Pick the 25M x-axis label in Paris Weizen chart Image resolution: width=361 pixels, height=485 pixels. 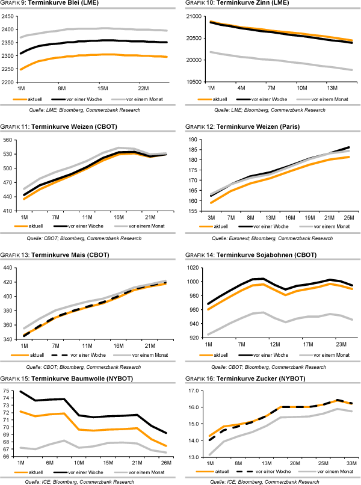350,216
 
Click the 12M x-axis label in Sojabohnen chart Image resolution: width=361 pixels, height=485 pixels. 274,344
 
